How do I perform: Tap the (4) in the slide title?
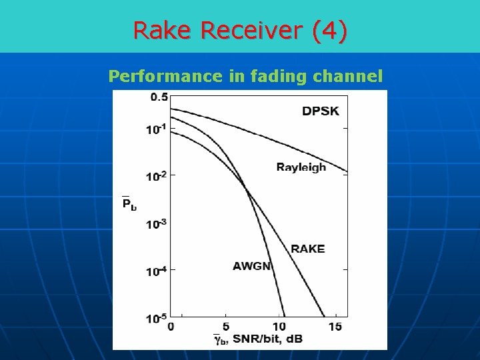[331, 31]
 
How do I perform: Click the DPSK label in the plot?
[321, 111]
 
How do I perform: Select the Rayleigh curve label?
[301, 167]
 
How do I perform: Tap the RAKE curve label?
[307, 249]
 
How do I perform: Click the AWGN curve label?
[252, 266]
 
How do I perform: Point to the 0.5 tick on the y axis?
[159, 97]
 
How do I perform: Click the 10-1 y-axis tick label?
[156, 129]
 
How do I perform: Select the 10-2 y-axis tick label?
[156, 176]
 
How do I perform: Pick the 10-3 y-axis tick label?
[156, 223]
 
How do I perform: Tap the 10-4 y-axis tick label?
[156, 271]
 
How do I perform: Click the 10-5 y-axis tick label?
[156, 318]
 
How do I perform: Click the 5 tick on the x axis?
[225, 327]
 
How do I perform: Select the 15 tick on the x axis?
[335, 327]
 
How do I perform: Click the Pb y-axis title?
[129, 203]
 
